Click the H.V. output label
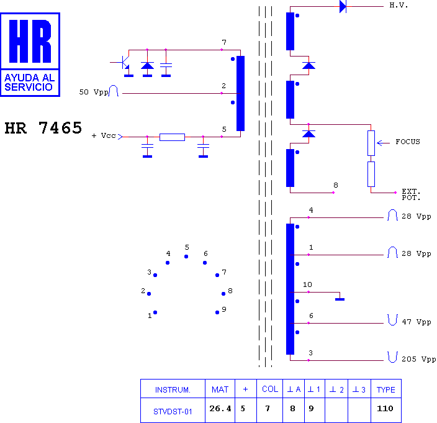pyautogui.click(x=399, y=6)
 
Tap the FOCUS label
pyautogui.click(x=408, y=142)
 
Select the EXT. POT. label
pyautogui.click(x=411, y=194)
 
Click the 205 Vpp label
pyautogui.click(x=419, y=359)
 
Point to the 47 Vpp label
pyautogui.click(x=417, y=322)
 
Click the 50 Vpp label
pyautogui.click(x=94, y=93)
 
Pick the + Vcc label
pyautogui.click(x=104, y=136)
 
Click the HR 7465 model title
pyautogui.click(x=43, y=128)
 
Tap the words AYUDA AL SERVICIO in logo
pyautogui.click(x=30, y=83)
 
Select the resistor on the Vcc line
pyautogui.click(x=172, y=137)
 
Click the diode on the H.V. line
pyautogui.click(x=343, y=6)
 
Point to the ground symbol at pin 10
pyautogui.click(x=340, y=299)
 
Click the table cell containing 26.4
pyautogui.click(x=220, y=410)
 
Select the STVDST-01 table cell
pyautogui.click(x=173, y=410)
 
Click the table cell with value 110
pyautogui.click(x=386, y=410)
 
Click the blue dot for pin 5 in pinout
pyautogui.click(x=186, y=257)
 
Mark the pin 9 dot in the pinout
pyautogui.click(x=217, y=312)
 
